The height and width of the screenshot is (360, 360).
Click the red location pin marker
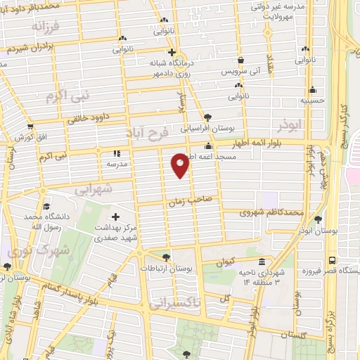(x=181, y=165)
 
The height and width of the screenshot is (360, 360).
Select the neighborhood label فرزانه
(x=46, y=27)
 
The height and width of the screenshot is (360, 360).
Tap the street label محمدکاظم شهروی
(x=271, y=211)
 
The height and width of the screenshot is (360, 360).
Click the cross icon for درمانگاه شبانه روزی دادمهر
(x=171, y=52)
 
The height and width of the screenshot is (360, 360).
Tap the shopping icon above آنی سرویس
(x=241, y=60)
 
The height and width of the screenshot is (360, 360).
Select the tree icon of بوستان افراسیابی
(x=207, y=117)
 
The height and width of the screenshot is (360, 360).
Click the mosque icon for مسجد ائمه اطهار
(x=208, y=146)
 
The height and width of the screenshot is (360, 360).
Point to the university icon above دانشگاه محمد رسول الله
(x=46, y=207)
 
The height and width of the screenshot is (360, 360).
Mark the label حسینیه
(x=312, y=100)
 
